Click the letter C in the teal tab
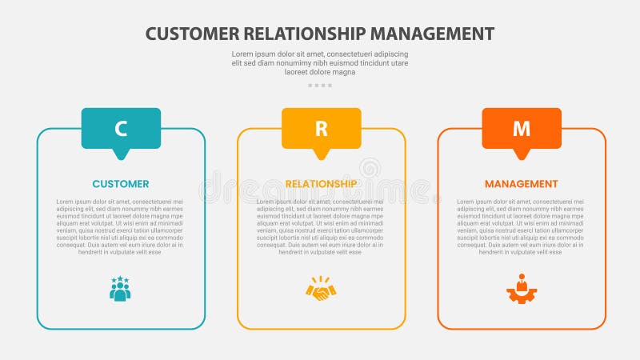(121, 128)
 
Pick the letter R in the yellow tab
(321, 128)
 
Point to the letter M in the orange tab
(522, 128)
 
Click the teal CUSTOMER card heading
(121, 184)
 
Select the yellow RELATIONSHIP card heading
(321, 184)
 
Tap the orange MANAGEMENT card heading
(522, 184)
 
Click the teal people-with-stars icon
(120, 289)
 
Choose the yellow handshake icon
(321, 290)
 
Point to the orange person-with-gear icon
(522, 289)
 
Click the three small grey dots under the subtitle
(320, 85)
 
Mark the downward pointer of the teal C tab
(121, 154)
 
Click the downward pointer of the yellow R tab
(321, 154)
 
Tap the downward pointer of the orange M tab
(522, 154)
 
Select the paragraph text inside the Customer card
(121, 226)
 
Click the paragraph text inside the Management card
(522, 226)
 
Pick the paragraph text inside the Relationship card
(321, 226)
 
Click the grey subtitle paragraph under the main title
(320, 62)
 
